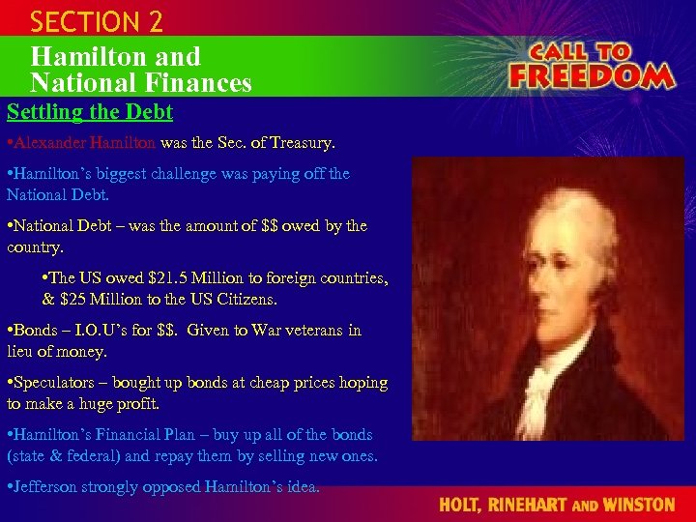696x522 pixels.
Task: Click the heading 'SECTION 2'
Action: pos(97,21)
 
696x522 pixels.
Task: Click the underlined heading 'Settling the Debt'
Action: pos(90,112)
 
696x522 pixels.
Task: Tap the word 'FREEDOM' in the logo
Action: pos(591,75)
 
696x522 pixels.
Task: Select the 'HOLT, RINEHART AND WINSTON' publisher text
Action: pos(557,505)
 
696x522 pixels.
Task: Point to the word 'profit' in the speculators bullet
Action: pos(135,404)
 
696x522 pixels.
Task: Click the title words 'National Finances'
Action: pos(141,83)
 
